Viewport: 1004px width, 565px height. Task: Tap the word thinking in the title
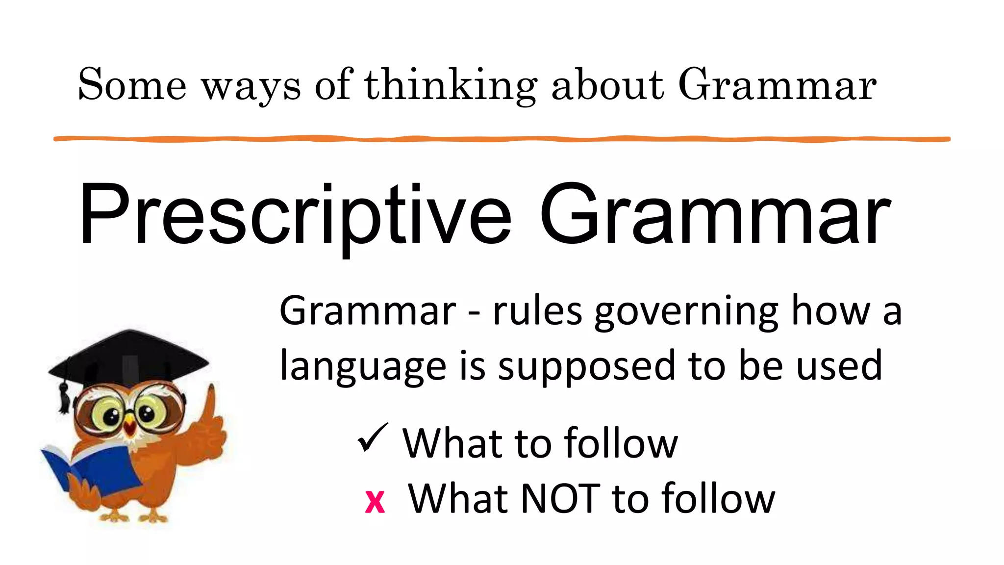(450, 86)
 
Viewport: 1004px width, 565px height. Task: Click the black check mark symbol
(373, 437)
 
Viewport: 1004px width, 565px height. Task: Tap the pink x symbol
(375, 501)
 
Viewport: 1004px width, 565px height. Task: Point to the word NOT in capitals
(560, 498)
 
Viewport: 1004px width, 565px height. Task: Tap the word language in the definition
(363, 367)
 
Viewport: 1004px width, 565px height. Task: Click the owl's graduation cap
(130, 358)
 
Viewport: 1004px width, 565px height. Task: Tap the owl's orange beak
(129, 426)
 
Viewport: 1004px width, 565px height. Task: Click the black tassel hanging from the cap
(64, 397)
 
